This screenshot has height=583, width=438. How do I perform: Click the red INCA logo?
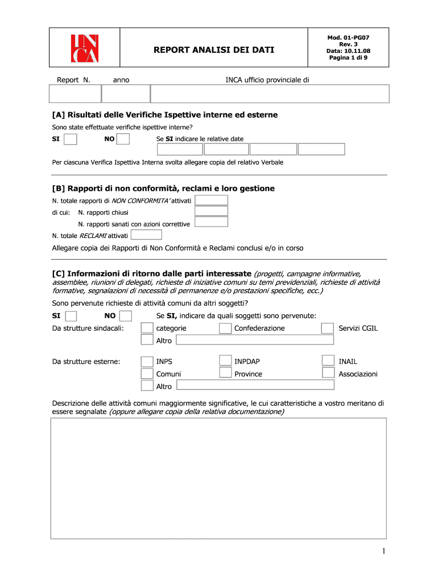84,49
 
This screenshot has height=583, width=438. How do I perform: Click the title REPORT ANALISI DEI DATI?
214,50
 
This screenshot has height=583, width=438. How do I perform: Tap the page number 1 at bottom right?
385,551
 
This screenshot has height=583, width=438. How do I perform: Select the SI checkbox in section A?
71,139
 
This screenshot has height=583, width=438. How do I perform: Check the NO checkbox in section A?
123,139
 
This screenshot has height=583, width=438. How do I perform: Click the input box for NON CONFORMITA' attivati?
211,200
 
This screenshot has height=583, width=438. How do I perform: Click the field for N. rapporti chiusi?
211,211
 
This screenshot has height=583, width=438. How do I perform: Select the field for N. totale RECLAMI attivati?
146,235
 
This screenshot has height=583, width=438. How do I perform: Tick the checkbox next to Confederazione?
225,329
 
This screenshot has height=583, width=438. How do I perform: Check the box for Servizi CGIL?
328,329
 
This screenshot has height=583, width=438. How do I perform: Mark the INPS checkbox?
147,362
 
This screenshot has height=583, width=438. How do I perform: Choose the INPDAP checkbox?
225,362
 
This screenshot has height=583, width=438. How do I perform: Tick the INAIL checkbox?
328,362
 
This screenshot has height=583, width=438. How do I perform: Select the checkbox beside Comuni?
147,373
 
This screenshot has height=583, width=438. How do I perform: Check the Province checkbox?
225,373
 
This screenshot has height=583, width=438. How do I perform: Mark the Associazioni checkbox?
328,373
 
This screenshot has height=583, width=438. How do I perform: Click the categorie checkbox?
147,329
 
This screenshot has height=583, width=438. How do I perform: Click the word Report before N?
68,80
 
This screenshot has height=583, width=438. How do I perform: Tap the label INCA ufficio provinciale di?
267,80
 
